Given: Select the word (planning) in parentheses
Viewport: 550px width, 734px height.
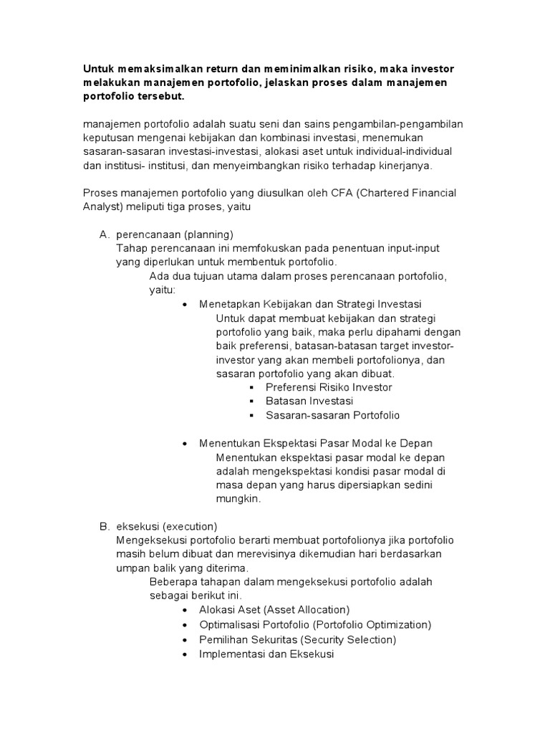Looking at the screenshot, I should coord(208,234).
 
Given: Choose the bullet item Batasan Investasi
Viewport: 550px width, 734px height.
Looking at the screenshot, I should coord(309,401).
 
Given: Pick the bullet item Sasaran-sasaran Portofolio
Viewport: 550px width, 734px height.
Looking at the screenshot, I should coord(332,415).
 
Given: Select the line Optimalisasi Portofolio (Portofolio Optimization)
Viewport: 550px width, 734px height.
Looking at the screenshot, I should coord(315,624).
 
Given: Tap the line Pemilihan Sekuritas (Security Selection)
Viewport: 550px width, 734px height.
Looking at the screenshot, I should coord(297,639).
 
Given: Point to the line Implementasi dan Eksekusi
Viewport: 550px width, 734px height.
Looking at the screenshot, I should coord(267,653).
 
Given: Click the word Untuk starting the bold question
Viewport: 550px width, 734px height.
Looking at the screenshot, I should coord(98,68).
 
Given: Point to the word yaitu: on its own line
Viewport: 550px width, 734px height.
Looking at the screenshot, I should coord(163,290).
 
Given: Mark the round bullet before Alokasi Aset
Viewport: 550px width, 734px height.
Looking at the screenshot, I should coord(185,611).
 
